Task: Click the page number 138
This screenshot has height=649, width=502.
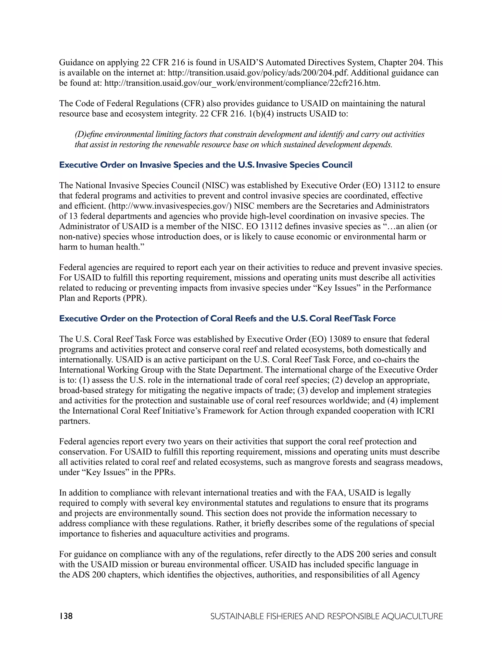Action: click(66, 616)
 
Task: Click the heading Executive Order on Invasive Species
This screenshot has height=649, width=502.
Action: click(205, 165)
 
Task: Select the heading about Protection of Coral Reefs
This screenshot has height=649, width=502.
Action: click(227, 319)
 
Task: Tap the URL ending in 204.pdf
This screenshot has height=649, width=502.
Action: click(258, 73)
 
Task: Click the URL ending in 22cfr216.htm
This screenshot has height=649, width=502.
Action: click(242, 83)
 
